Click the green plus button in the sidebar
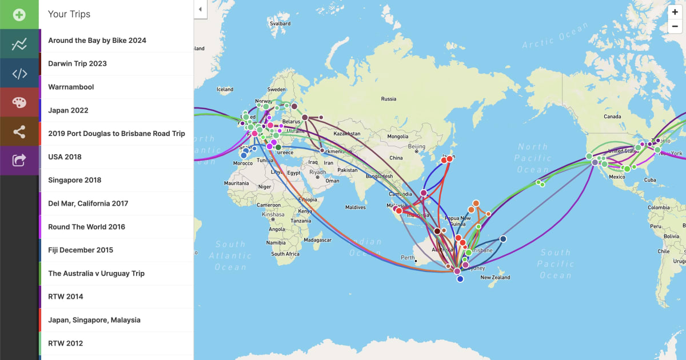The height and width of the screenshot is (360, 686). click(x=19, y=14)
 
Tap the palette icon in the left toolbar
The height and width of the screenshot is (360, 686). click(x=19, y=102)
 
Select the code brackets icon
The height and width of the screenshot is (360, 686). click(x=19, y=73)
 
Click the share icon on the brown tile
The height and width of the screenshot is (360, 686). click(x=19, y=131)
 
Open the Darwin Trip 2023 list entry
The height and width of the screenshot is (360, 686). click(x=77, y=63)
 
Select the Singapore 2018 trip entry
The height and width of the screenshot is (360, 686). click(x=74, y=180)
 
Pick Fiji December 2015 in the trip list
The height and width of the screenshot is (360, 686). click(x=81, y=250)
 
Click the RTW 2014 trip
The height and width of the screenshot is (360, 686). click(x=65, y=297)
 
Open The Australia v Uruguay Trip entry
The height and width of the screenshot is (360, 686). click(x=96, y=273)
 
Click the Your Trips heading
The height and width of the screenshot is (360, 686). click(x=69, y=14)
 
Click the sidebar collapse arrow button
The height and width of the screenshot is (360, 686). click(x=200, y=9)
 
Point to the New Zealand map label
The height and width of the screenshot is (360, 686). click(x=495, y=278)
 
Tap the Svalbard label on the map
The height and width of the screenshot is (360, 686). click(x=280, y=24)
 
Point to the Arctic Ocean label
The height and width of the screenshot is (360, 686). click(x=555, y=36)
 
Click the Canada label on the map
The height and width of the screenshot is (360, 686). click(x=612, y=117)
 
